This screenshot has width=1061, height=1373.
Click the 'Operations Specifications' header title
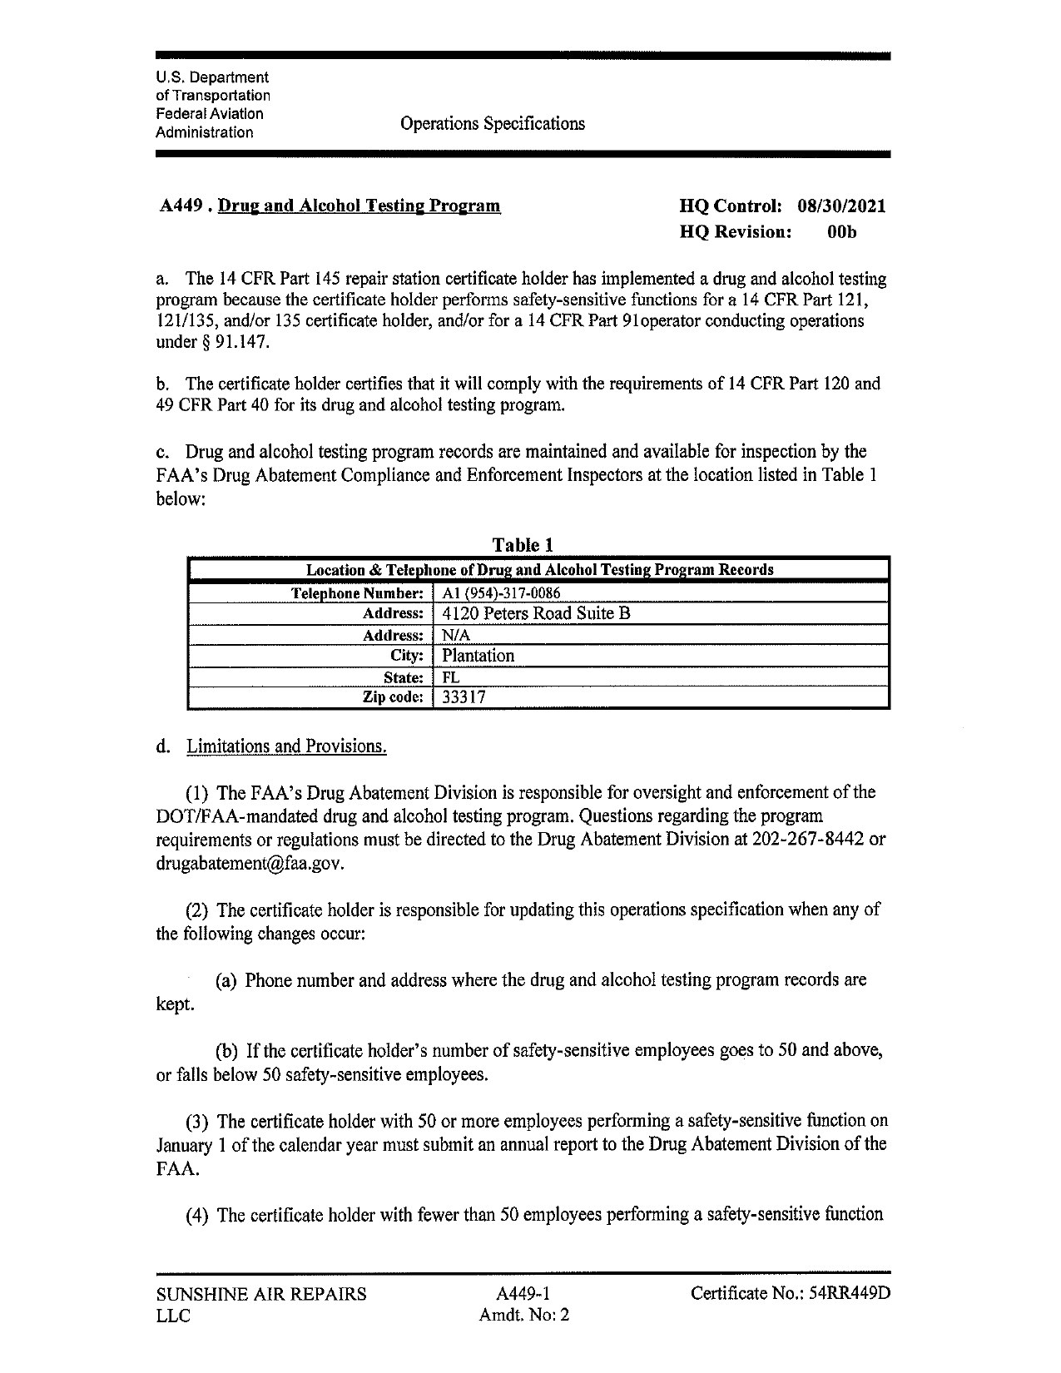(x=492, y=124)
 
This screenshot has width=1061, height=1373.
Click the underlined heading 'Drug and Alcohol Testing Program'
(x=359, y=206)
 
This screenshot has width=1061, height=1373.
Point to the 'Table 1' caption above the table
(x=523, y=545)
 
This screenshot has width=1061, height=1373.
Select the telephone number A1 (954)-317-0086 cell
(x=501, y=593)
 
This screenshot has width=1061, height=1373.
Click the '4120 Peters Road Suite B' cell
(x=536, y=614)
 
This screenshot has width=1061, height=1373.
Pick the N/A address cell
(x=456, y=635)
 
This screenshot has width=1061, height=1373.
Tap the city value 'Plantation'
(x=478, y=656)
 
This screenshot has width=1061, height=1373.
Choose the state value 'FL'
(x=450, y=677)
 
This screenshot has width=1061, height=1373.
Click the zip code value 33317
(x=464, y=697)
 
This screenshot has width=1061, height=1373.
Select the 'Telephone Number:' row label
(x=357, y=593)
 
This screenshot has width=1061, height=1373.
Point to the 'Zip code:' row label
(x=393, y=697)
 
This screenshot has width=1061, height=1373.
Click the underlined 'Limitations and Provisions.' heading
(x=286, y=746)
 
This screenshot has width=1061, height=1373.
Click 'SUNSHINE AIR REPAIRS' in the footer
(x=261, y=1294)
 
